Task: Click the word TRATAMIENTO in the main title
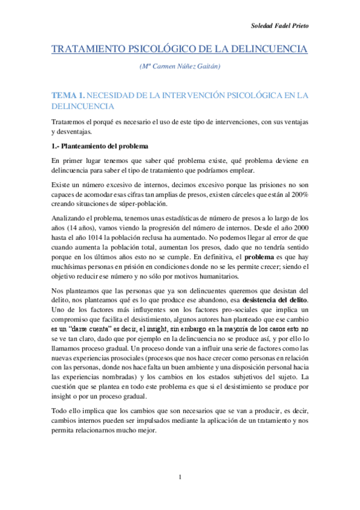pyautogui.click(x=91, y=49)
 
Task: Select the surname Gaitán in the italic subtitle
pyautogui.click(x=218, y=67)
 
